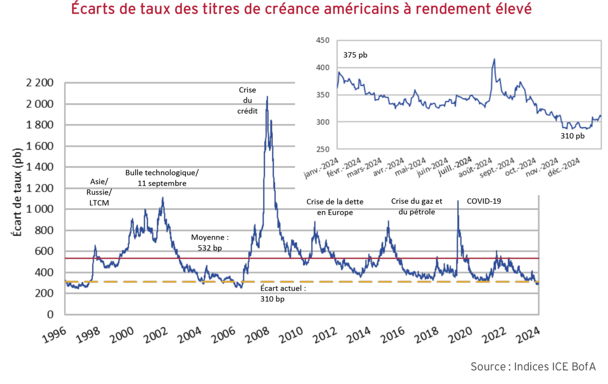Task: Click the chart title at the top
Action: point(301,9)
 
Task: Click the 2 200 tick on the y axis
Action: point(40,84)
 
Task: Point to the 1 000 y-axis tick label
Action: point(40,209)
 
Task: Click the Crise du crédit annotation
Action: point(247,100)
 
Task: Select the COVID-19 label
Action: point(484,201)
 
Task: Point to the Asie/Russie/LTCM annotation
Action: point(99,192)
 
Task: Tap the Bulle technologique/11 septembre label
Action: point(162,178)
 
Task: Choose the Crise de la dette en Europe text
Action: point(335,207)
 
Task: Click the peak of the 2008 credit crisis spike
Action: point(267,97)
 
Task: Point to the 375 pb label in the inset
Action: point(355,55)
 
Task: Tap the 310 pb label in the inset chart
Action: point(572,136)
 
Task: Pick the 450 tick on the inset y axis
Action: point(323,40)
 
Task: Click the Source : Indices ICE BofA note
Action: point(532,366)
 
